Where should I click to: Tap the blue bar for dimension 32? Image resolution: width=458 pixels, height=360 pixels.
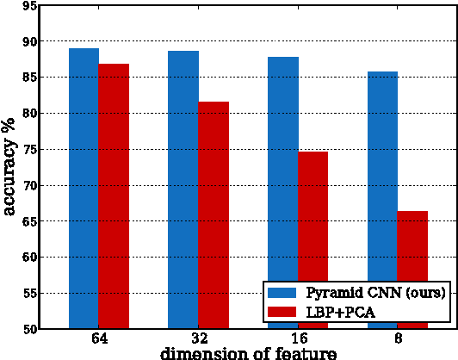(183, 189)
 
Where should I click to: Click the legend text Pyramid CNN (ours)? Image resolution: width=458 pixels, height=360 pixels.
(374, 293)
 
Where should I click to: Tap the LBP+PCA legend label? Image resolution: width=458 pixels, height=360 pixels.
(340, 311)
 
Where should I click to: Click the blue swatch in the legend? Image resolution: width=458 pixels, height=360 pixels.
(282, 293)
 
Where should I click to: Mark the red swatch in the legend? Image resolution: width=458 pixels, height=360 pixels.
(282, 311)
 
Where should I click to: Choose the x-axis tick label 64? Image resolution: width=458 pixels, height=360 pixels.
(99, 338)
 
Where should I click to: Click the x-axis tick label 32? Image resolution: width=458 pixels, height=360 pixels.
(198, 338)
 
